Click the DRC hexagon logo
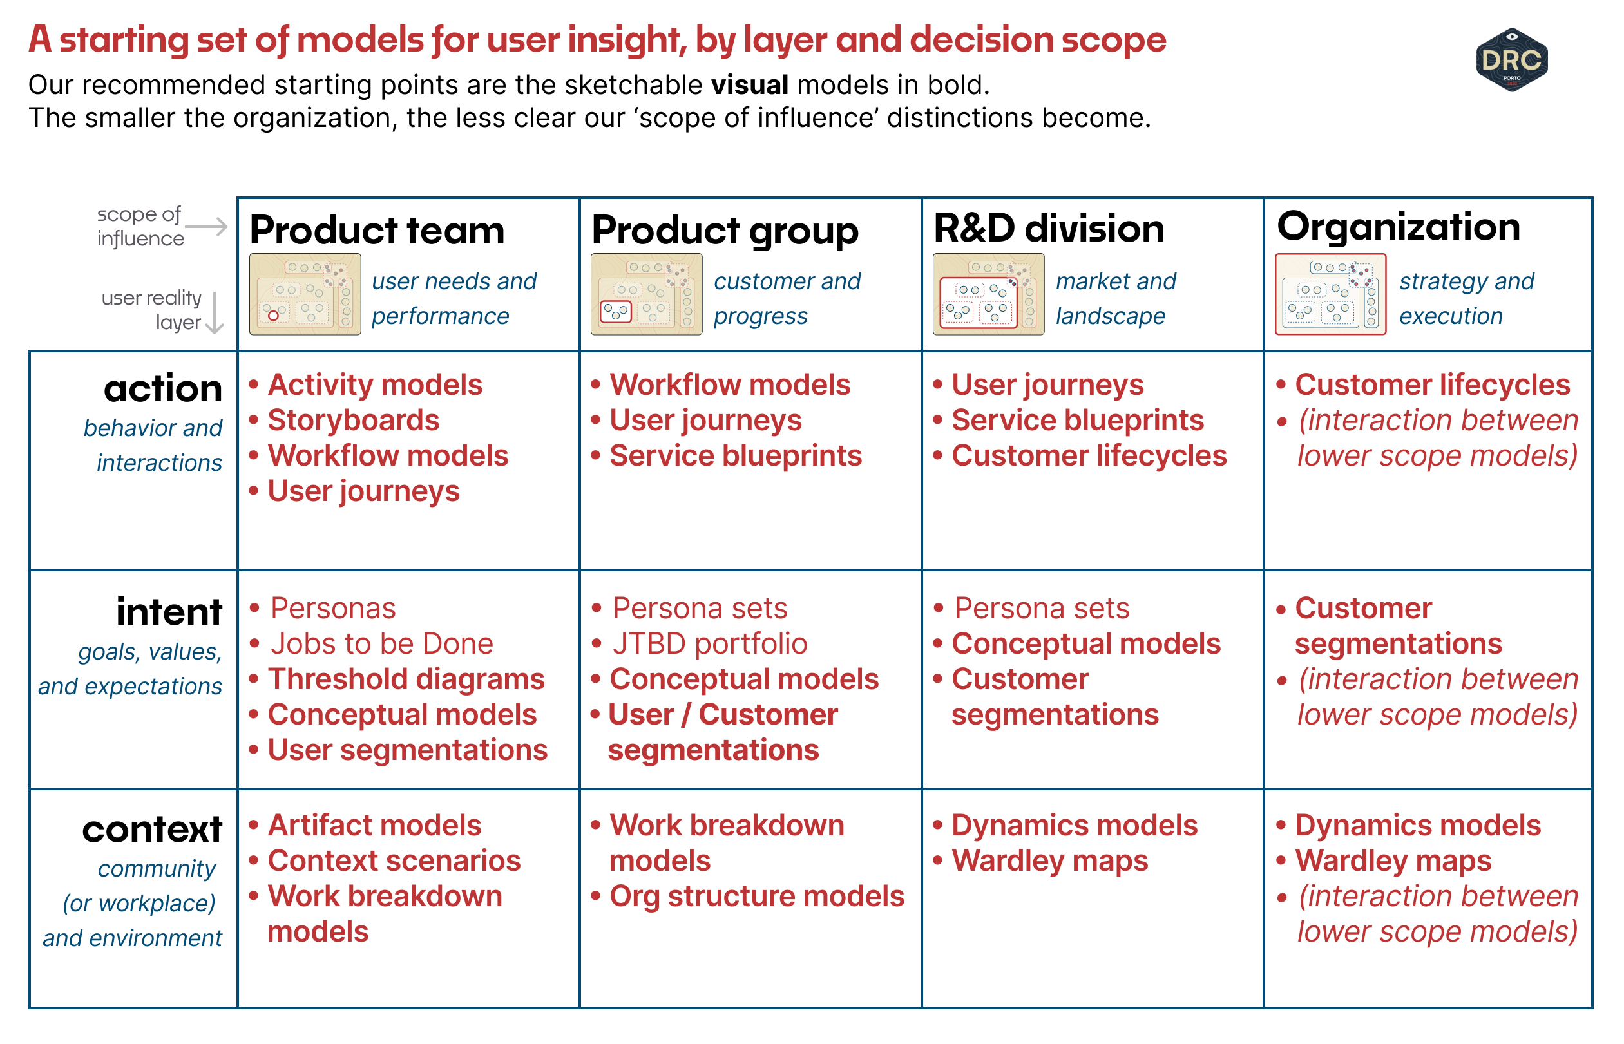click(x=1511, y=60)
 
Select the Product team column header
click(x=377, y=231)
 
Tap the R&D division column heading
click(x=1048, y=229)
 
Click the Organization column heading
click(x=1398, y=227)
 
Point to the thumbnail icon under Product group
click(x=646, y=294)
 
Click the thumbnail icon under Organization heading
click(x=1330, y=294)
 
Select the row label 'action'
click(x=163, y=389)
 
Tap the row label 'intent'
click(x=169, y=612)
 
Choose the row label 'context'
click(x=153, y=830)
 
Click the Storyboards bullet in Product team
click(x=352, y=421)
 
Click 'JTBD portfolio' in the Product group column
click(x=709, y=644)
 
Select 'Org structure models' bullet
click(x=756, y=897)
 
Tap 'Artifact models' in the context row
click(x=374, y=826)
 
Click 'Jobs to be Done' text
click(x=381, y=644)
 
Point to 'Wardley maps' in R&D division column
click(x=1049, y=862)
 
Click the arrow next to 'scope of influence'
click(x=206, y=226)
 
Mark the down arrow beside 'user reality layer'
click(x=215, y=313)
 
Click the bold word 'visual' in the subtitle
click(x=749, y=86)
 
